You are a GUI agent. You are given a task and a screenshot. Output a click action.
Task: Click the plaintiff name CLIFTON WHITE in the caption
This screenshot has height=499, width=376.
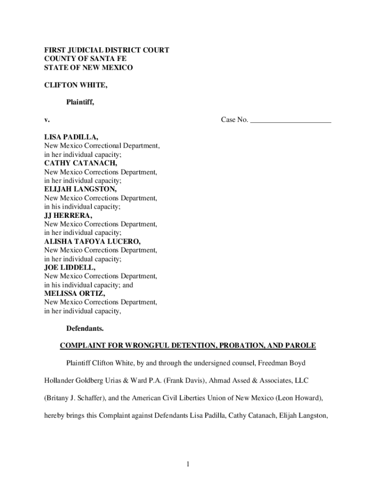(76, 85)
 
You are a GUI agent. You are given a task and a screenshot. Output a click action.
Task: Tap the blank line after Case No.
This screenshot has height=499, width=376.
(291, 120)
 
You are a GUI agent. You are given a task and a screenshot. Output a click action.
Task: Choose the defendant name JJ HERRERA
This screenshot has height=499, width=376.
(68, 215)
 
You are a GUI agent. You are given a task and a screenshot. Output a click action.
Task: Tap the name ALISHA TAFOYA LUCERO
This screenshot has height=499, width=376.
(92, 241)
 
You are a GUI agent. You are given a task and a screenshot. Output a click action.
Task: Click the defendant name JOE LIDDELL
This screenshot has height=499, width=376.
(70, 268)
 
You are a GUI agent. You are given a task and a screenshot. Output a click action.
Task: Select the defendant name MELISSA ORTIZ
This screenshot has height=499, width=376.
(74, 294)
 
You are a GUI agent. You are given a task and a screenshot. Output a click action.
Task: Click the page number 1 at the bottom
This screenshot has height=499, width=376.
(188, 464)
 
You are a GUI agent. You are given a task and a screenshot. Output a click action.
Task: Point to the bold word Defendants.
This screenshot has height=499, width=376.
(85, 329)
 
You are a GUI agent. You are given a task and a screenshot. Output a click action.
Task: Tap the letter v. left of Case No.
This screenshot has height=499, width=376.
(47, 120)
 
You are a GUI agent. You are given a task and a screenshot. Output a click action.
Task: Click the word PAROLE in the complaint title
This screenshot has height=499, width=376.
(300, 346)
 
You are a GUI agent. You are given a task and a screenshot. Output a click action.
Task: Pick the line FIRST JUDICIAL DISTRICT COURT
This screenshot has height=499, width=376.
(107, 50)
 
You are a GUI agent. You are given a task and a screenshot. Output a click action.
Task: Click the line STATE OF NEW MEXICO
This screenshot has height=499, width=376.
(88, 68)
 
